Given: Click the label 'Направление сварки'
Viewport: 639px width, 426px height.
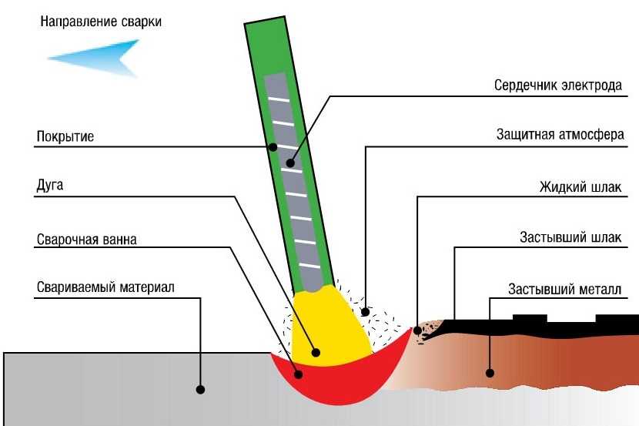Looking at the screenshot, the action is click(101, 22).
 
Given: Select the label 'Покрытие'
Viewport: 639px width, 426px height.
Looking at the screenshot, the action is click(65, 136).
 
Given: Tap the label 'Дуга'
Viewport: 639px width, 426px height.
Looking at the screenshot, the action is click(50, 186).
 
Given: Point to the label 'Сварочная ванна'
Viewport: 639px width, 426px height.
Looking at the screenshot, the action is click(86, 240).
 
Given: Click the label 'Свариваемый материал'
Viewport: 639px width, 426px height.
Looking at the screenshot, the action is click(105, 287).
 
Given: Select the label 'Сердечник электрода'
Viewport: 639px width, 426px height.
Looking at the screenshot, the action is click(558, 86).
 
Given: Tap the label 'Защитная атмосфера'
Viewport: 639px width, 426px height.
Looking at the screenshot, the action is click(560, 135).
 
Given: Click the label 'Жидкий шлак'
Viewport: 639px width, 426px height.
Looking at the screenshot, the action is click(580, 187).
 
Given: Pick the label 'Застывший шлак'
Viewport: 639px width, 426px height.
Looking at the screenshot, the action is click(570, 237).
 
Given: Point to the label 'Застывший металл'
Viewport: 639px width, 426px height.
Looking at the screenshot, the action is click(565, 290).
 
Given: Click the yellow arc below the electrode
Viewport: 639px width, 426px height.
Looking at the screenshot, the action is click(330, 326).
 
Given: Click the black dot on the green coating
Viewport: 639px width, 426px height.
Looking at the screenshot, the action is click(273, 147).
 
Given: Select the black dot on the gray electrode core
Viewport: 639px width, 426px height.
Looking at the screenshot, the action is click(290, 163).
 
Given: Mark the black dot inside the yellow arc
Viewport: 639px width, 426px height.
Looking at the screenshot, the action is click(316, 353).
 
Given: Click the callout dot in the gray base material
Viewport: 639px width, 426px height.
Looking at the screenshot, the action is click(200, 389).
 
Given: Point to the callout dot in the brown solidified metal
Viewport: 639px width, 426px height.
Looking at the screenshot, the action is click(490, 373).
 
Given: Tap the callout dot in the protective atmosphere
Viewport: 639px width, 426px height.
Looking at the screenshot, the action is click(366, 312).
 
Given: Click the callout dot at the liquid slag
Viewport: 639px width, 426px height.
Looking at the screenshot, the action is click(418, 330).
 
